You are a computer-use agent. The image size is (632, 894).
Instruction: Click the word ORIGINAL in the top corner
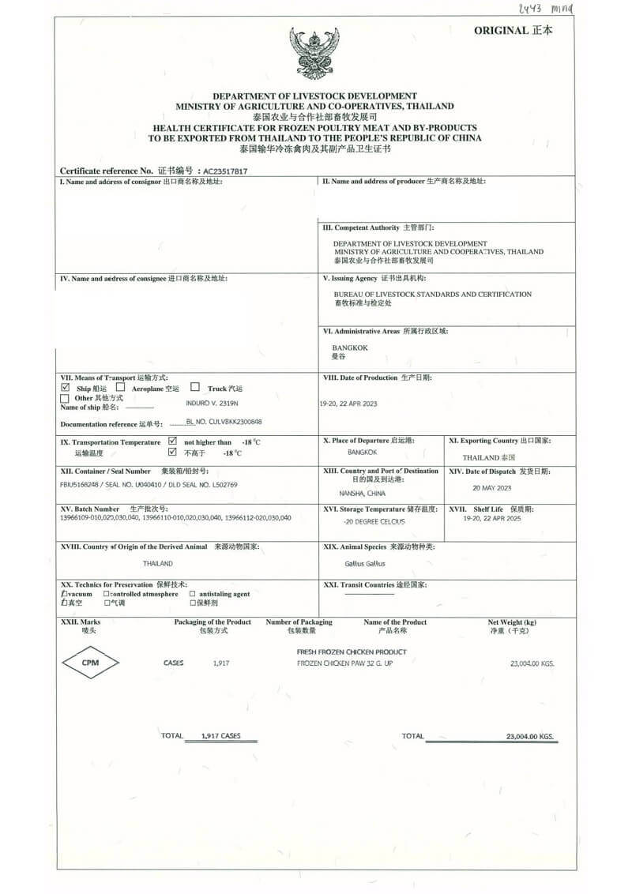tap(501, 31)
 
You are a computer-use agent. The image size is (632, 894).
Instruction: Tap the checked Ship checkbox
tap(66, 389)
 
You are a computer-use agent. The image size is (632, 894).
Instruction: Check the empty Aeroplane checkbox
tap(121, 388)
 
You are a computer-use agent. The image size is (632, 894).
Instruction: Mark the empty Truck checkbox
tap(195, 388)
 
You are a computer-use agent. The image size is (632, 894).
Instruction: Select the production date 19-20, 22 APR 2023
tap(348, 404)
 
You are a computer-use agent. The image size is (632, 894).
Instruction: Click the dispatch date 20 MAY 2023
tap(492, 488)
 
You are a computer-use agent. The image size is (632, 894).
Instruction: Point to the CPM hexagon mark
tap(90, 663)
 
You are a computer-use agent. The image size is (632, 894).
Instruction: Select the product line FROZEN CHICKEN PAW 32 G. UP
tap(344, 663)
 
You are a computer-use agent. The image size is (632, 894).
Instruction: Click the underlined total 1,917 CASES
tap(220, 736)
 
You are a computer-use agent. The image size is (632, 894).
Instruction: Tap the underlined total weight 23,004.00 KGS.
tap(530, 737)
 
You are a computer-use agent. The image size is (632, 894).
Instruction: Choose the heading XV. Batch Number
tap(90, 509)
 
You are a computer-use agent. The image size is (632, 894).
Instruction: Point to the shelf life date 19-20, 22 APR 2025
tap(492, 519)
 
